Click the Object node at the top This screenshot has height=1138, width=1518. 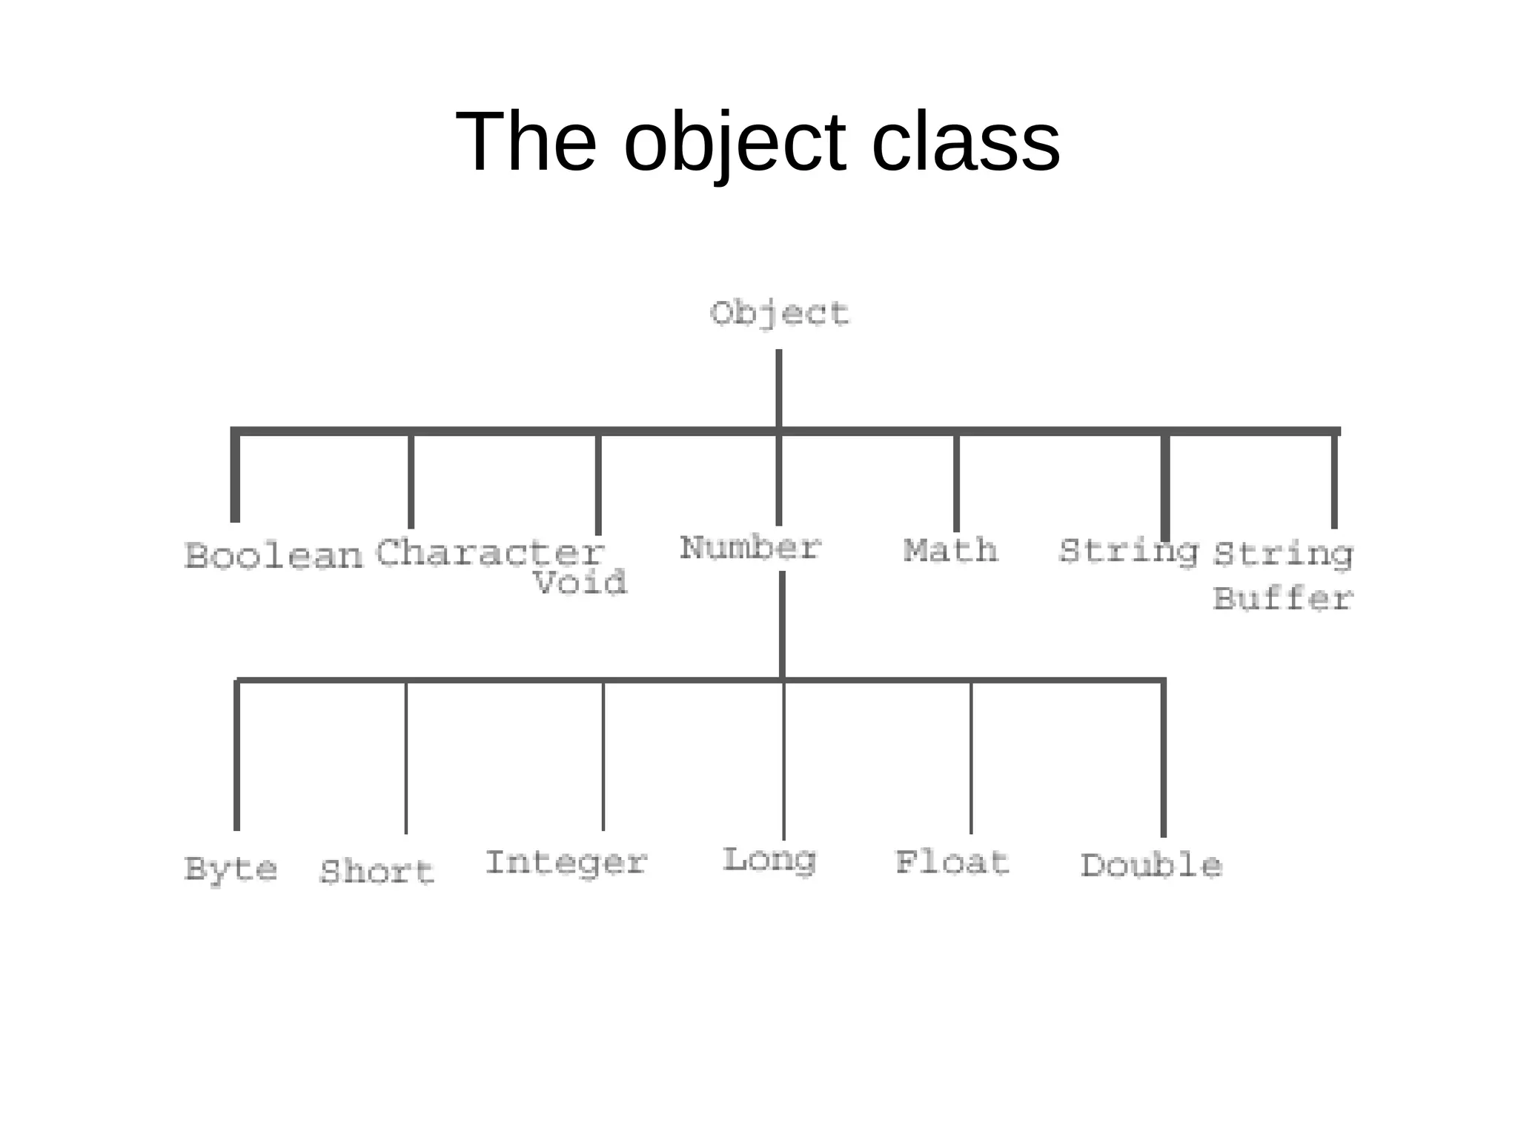coord(779,314)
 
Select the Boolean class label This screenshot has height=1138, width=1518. coord(274,556)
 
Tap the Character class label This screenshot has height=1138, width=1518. coord(490,553)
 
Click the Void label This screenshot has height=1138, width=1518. coord(580,583)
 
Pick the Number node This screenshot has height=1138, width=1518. coord(750,549)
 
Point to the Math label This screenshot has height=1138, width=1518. coord(950,551)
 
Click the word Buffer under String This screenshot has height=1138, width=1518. coord(1282,599)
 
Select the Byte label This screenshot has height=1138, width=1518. coord(231,868)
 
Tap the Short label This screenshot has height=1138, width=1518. coord(377,872)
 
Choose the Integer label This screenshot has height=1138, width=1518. coord(566,863)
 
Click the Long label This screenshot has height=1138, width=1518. coord(769,861)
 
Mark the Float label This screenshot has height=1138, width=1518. coord(952,863)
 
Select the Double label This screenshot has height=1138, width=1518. coord(1151,866)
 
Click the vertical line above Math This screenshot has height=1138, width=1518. coord(956,482)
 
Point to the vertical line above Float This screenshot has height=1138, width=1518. coord(971,756)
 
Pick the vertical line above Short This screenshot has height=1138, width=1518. coord(406,756)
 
